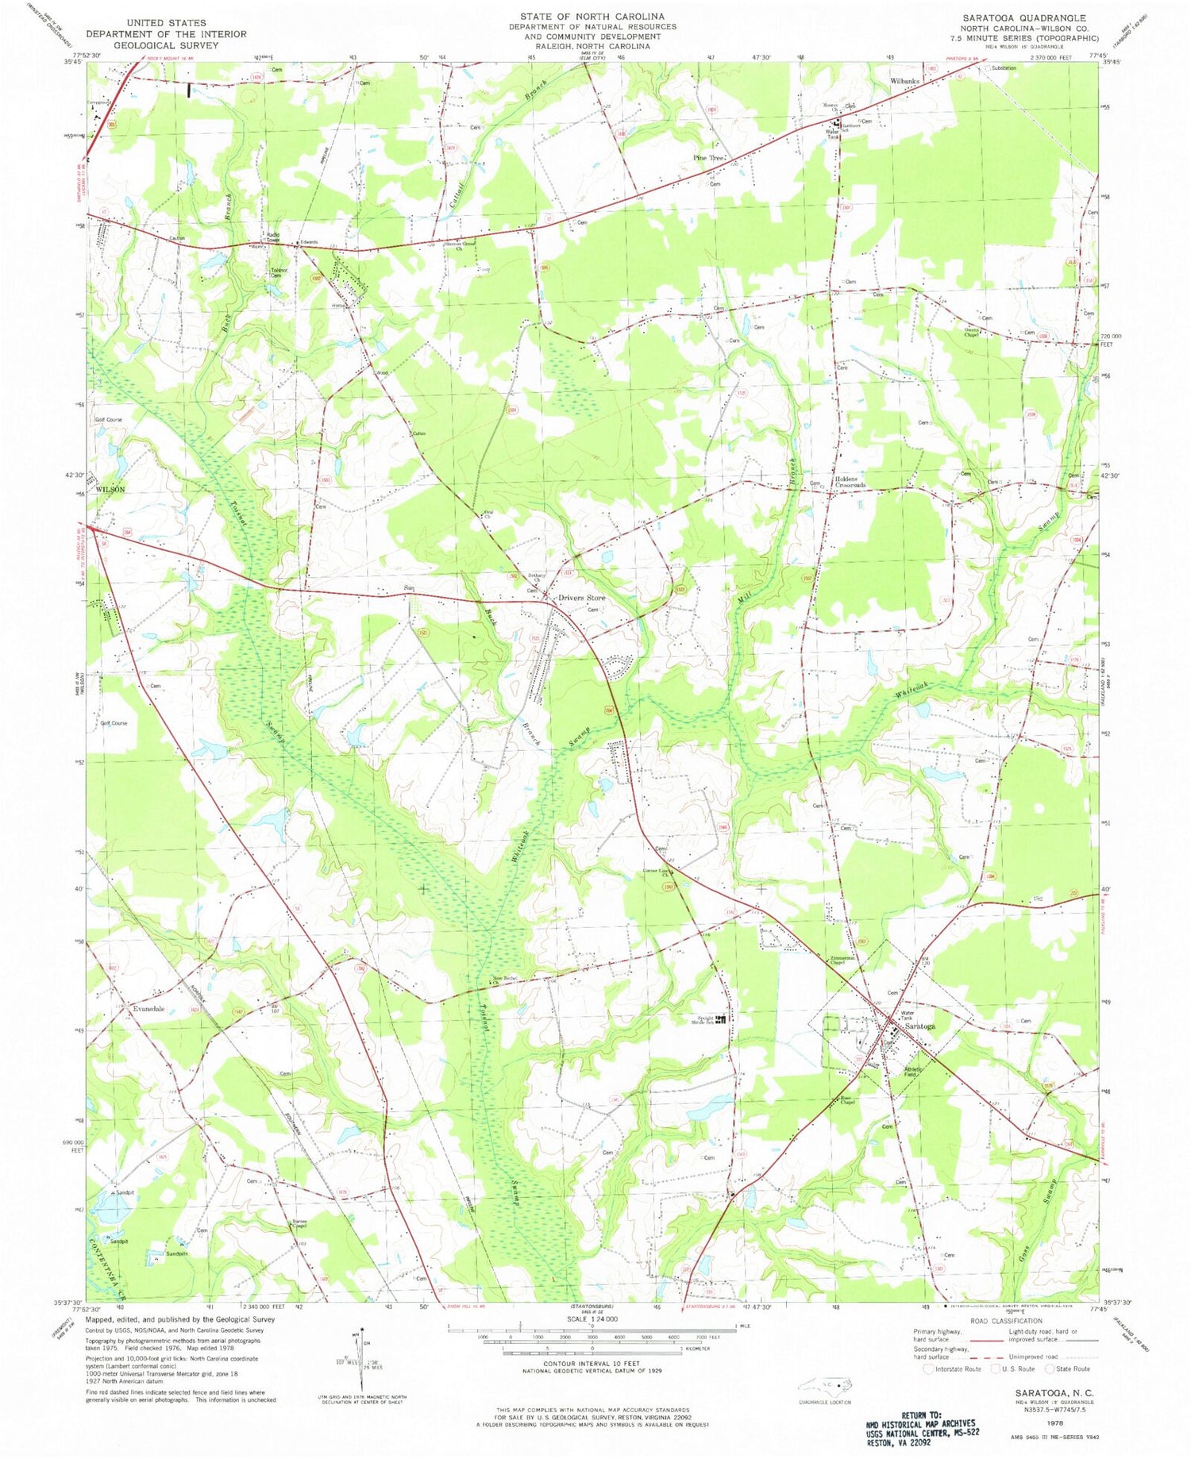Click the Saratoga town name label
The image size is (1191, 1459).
919,1026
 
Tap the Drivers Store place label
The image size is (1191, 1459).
581,598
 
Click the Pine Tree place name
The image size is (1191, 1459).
708,158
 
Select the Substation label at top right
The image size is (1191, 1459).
1003,68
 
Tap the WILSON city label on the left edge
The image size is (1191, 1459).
110,490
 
